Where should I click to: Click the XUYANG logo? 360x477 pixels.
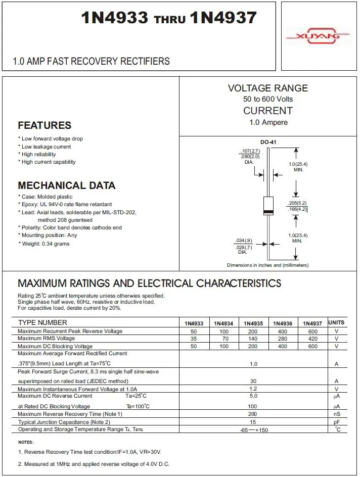(318, 36)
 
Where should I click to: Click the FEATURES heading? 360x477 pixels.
(44, 125)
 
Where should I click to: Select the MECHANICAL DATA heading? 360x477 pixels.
(67, 185)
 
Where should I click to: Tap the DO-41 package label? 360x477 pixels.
(268, 142)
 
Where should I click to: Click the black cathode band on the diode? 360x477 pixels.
(268, 211)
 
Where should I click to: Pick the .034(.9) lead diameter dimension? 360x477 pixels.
(244, 240)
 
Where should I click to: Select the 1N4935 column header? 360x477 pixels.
(253, 323)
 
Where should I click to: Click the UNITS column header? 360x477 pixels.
(336, 322)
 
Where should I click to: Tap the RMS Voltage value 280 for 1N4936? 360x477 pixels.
(283, 339)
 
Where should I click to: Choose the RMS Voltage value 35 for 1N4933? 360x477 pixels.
(194, 339)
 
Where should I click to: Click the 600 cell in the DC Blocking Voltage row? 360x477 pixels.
(313, 346)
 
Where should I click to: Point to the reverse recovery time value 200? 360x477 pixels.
(253, 414)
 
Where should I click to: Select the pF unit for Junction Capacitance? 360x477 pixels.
(336, 421)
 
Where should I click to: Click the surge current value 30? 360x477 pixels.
(253, 381)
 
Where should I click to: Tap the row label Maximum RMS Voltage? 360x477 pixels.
(46, 339)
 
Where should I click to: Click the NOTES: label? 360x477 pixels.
(26, 442)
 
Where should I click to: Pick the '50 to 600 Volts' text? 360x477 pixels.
(268, 99)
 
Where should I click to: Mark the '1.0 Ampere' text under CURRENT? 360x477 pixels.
(268, 122)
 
